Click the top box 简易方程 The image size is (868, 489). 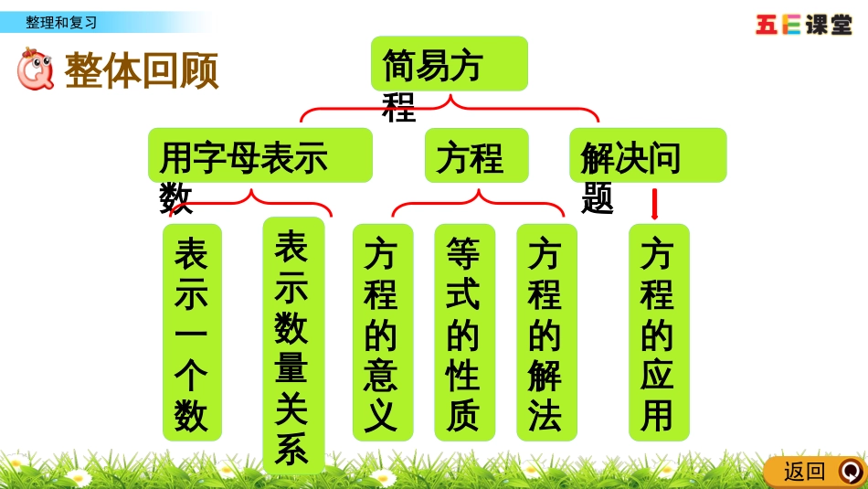(x=449, y=64)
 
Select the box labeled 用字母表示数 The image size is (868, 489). (x=260, y=155)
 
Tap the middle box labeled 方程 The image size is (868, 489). (x=476, y=155)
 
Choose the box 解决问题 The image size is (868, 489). (x=647, y=155)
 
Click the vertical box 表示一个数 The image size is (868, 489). (x=192, y=333)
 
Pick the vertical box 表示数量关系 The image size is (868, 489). (x=293, y=345)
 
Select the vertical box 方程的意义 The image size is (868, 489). (x=382, y=333)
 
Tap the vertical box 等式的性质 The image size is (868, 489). (x=464, y=333)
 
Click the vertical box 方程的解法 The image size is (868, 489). (x=546, y=333)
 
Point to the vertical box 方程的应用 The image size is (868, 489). (x=658, y=333)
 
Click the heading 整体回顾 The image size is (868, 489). (x=142, y=70)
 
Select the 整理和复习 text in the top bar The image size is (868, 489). (x=61, y=22)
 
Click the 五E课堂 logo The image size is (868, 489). (x=804, y=25)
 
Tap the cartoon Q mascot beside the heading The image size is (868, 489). (x=36, y=69)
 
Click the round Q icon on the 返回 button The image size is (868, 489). (x=850, y=472)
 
